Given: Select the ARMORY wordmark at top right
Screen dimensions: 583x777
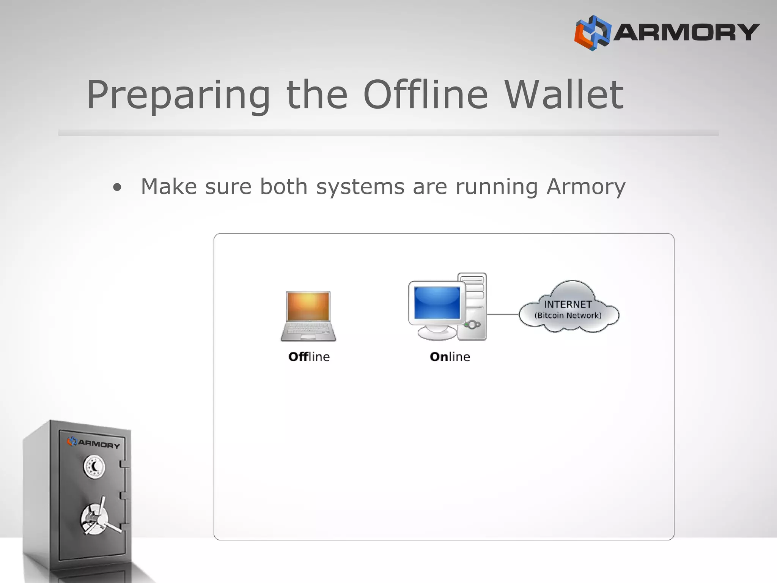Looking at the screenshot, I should pos(686,32).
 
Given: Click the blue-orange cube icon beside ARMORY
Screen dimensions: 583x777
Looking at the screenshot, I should pos(592,33).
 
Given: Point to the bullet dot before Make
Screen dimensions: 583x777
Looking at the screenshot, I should pos(118,187).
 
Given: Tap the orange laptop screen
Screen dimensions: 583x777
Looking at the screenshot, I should pos(308,306).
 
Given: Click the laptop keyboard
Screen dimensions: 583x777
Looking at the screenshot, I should pos(308,331).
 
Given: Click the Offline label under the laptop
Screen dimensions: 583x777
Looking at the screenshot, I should pos(309,357).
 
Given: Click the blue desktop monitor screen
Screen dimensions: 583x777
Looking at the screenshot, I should pos(437,303).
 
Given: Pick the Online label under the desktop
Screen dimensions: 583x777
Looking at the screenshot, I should pos(450,357).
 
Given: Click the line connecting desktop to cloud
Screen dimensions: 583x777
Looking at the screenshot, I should pos(503,314).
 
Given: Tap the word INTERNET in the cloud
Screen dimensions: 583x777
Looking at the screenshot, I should pos(568,304).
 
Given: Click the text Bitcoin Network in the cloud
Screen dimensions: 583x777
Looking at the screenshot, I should pos(568,315).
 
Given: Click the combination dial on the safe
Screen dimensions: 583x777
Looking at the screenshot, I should pos(94,467).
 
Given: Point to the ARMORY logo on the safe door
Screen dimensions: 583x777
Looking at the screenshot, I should pos(94,443).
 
